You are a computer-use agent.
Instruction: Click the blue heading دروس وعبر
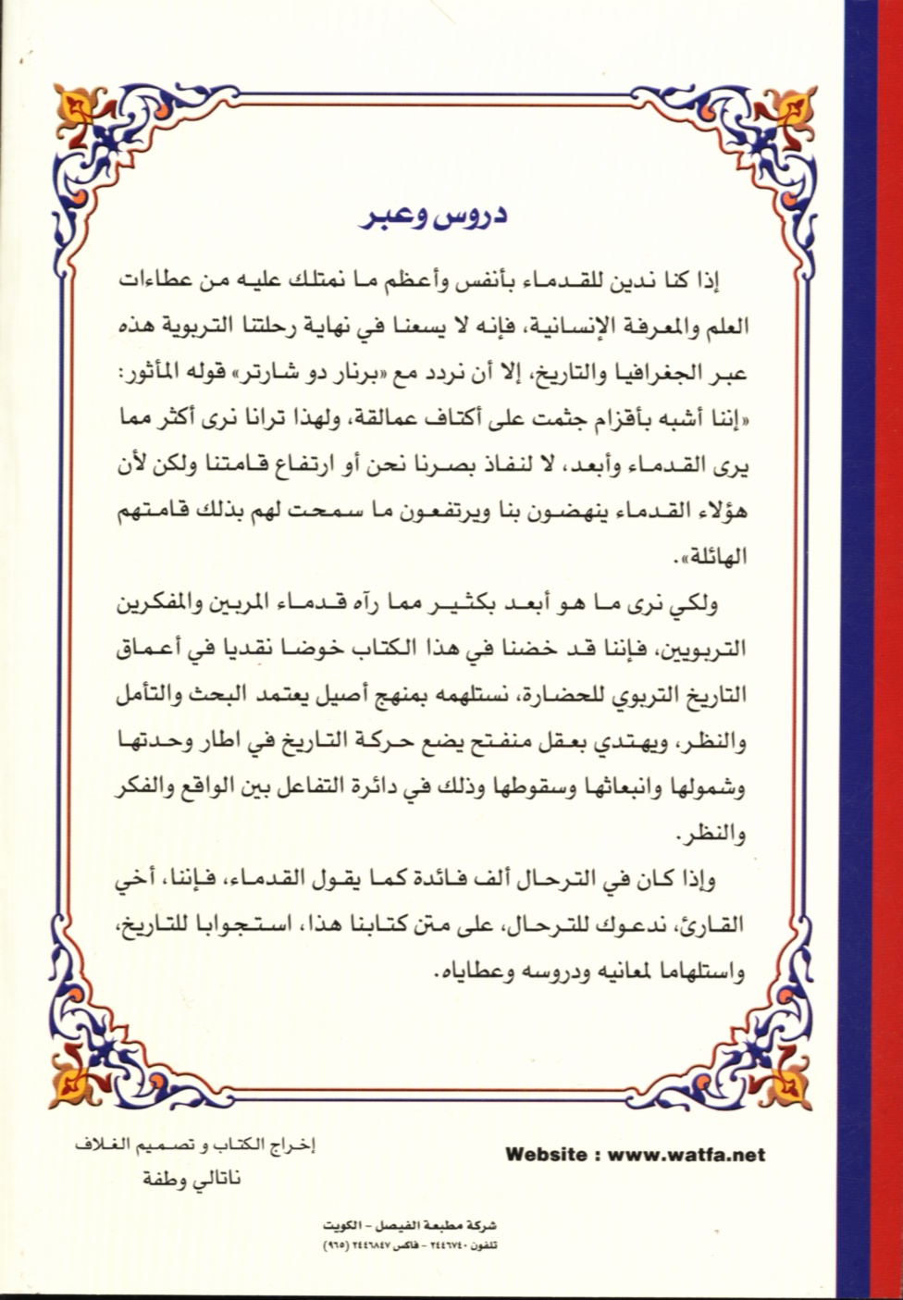pos(435,223)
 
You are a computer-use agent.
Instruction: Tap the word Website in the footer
pos(546,1155)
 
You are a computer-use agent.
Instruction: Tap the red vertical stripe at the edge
pos(886,648)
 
